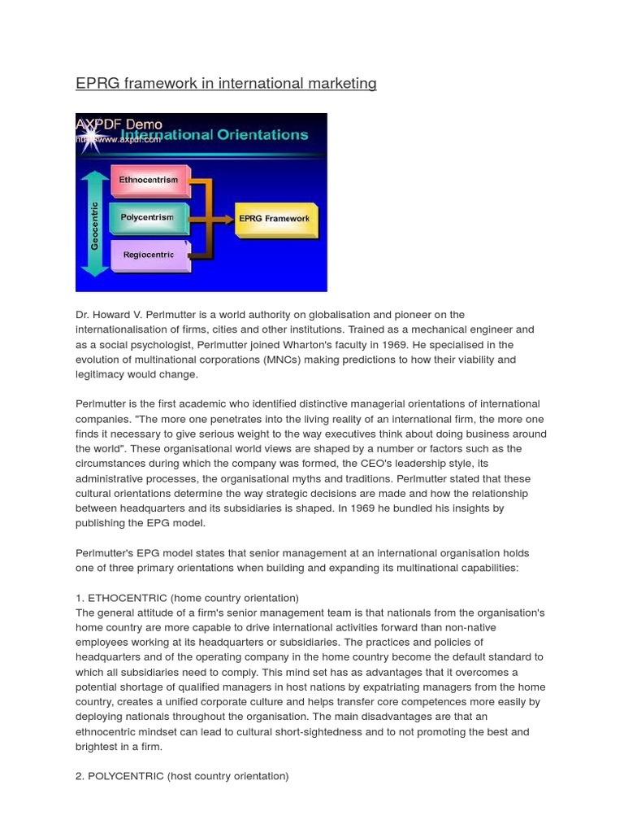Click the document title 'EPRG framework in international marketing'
(226, 83)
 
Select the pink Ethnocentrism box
(149, 180)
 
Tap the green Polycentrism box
(147, 217)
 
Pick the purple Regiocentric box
(149, 255)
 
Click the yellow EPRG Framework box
(274, 219)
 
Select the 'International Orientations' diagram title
(214, 134)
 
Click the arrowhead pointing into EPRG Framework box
(229, 219)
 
